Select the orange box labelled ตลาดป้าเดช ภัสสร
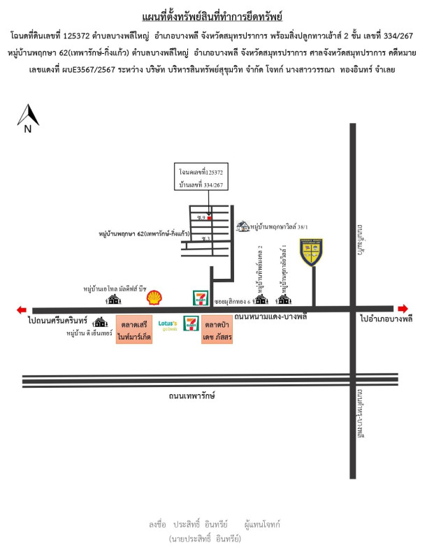[x=218, y=331]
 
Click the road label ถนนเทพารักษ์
[x=191, y=395]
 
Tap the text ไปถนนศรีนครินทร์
[x=57, y=320]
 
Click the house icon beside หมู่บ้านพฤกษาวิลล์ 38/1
[x=243, y=226]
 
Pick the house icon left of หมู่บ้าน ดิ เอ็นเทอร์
[x=102, y=322]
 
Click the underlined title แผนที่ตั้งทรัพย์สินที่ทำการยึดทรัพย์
[x=212, y=15]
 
